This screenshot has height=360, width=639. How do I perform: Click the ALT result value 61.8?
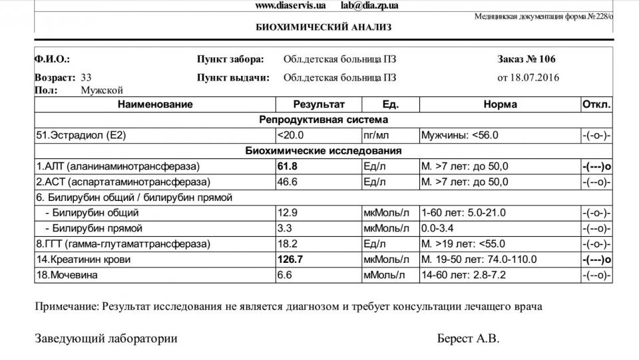click(288, 166)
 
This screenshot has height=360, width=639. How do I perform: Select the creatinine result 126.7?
click(290, 260)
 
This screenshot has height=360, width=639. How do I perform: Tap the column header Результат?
click(319, 104)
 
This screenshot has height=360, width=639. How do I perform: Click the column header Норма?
click(500, 104)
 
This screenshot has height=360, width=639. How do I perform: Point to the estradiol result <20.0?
click(290, 135)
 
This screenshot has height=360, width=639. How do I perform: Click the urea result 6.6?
click(285, 275)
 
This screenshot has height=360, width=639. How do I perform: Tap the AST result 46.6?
click(288, 182)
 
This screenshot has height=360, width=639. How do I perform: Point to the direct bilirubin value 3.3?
click(285, 228)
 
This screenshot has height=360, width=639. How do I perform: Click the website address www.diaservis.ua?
click(290, 5)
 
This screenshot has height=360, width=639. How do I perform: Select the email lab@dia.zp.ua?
click(369, 5)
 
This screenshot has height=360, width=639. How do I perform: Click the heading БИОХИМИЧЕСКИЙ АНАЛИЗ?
click(323, 27)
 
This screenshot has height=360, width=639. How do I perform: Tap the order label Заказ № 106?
click(527, 59)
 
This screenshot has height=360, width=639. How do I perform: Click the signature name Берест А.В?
click(468, 339)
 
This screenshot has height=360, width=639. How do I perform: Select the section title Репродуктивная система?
click(323, 120)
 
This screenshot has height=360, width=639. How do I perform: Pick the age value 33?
click(86, 77)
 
